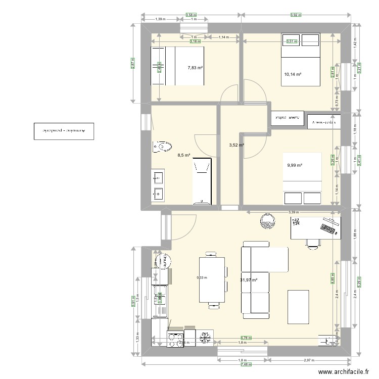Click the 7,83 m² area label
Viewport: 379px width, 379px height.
[195, 68]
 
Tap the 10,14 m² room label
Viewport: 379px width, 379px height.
[293, 74]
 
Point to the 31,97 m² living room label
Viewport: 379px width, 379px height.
[249, 280]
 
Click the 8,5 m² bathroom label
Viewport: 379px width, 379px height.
[183, 156]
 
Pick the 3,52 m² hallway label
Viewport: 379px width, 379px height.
[236, 146]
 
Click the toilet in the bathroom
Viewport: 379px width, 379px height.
[161, 147]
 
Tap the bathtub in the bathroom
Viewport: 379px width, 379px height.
[203, 181]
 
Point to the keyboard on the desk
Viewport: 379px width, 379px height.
[329, 227]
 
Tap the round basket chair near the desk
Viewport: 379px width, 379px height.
[266, 220]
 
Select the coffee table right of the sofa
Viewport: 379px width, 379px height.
[298, 306]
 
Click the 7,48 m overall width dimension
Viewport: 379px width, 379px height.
[246, 365]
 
